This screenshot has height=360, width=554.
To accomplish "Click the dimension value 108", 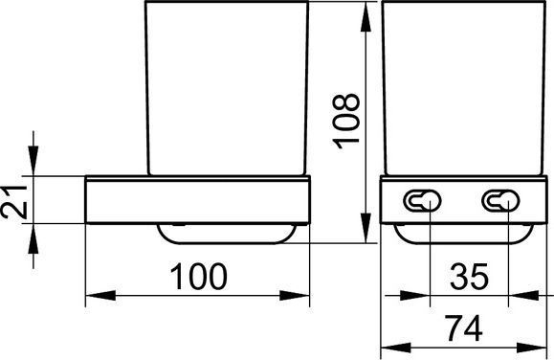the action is point(346,122).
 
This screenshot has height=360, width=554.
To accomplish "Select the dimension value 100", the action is point(198,276).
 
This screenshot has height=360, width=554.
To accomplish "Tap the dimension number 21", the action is point(14,202).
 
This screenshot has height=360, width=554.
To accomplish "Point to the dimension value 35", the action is point(469,276).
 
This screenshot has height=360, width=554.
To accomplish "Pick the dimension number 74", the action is point(463,328).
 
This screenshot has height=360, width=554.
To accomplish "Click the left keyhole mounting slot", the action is point(422,200).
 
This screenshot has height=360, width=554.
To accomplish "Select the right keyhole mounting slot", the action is point(500,200).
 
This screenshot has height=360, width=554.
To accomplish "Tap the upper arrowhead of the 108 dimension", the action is point(366,17).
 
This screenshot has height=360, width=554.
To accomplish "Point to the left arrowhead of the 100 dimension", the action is point(100,296).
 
